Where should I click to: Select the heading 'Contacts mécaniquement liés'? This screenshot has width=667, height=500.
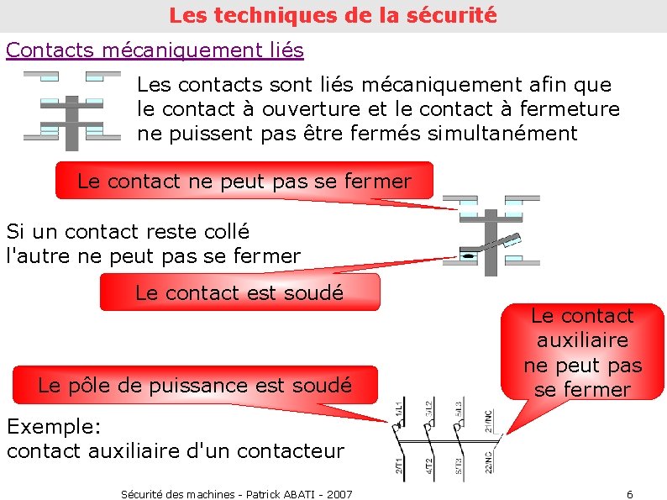click(155, 50)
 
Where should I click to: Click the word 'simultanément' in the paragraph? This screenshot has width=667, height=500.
click(502, 133)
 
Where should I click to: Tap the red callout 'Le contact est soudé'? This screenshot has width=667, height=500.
click(239, 292)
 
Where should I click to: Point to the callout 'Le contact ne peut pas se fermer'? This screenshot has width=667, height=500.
click(244, 181)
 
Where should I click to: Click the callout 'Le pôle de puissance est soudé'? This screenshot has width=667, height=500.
click(195, 386)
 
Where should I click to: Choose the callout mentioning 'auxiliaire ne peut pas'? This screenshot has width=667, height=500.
click(582, 353)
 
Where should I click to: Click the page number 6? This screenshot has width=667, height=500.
click(630, 493)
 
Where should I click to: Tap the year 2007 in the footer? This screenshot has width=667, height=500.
click(339, 494)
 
